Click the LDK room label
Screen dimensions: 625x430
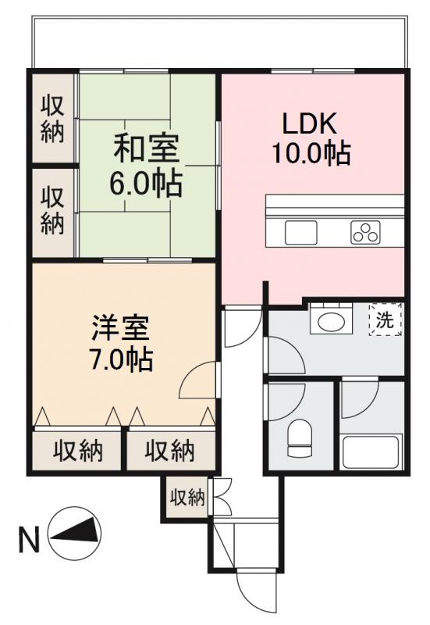point(309,124)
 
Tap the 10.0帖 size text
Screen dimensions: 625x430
point(310,153)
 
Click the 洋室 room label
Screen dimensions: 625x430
point(119,327)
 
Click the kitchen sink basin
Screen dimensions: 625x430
point(300,233)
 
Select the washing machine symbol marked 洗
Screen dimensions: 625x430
point(386,320)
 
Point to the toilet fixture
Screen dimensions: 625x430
point(300,438)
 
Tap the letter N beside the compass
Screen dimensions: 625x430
point(29,540)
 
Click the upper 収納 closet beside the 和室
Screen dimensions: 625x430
point(52,118)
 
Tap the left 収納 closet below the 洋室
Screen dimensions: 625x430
point(77,451)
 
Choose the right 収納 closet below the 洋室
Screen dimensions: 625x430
point(169,451)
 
